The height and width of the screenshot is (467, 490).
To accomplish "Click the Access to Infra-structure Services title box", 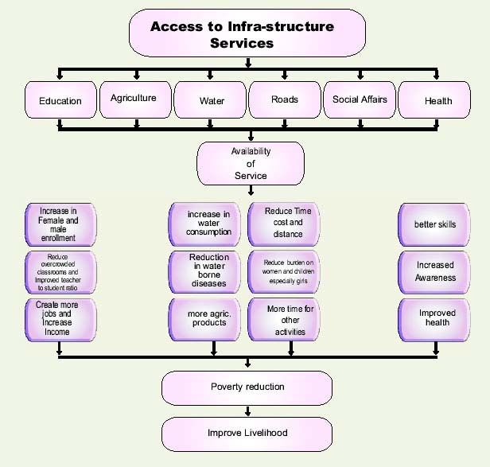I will click(247, 35).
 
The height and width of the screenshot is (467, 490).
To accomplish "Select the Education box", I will click(60, 101).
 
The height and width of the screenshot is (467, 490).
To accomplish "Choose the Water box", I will click(211, 101).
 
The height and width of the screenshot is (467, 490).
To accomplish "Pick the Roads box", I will click(284, 99).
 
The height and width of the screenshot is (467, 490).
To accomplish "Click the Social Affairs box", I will click(360, 99).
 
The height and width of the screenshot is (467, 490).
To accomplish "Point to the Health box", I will click(437, 101).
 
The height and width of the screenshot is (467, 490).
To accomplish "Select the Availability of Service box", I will click(250, 163).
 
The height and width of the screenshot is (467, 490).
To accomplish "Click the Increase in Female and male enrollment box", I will click(60, 224).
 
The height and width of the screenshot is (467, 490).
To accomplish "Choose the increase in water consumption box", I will click(209, 224).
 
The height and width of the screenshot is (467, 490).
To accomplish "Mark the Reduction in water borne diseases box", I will click(209, 270).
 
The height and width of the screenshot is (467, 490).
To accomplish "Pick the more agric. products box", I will click(209, 317).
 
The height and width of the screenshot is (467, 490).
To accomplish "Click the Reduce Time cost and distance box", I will click(287, 223).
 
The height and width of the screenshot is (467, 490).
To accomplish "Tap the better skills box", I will click(435, 224).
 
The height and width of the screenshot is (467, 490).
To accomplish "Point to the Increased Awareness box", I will click(435, 271).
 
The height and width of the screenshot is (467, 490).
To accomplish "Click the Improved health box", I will click(437, 318).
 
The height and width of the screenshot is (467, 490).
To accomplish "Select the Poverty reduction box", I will click(247, 387).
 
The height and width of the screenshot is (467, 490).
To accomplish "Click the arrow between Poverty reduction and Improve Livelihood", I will click(248, 411).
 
